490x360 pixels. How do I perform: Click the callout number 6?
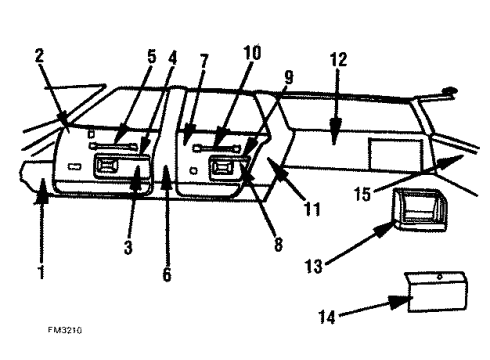165,271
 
